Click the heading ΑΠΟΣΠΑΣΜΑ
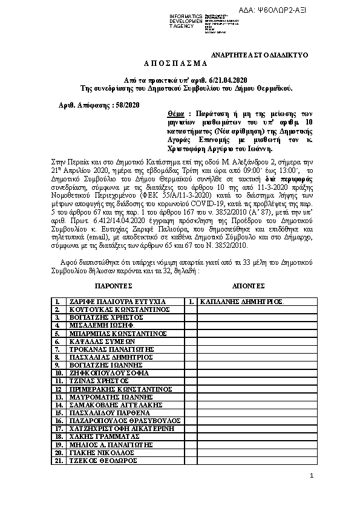coord(175,63)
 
